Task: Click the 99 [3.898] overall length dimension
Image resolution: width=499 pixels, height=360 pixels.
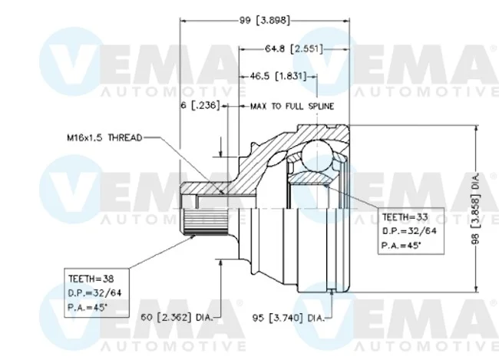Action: (x=264, y=21)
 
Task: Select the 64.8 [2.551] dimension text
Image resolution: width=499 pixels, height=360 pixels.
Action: (x=294, y=49)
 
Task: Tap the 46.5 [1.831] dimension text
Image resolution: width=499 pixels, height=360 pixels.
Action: (x=278, y=77)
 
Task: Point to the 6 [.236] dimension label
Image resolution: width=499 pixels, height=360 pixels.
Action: (x=200, y=105)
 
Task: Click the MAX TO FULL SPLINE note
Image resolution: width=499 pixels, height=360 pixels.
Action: (x=292, y=106)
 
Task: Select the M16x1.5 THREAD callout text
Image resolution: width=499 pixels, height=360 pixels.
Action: (x=104, y=138)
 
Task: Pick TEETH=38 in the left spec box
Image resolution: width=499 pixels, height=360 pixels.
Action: (x=91, y=279)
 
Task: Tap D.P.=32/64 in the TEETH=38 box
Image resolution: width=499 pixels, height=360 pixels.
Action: (x=95, y=293)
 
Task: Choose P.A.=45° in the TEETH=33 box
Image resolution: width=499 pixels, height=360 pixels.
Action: (x=401, y=246)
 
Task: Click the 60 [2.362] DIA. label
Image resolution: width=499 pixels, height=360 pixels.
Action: (x=177, y=317)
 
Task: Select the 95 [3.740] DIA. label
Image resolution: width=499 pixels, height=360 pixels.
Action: (x=289, y=318)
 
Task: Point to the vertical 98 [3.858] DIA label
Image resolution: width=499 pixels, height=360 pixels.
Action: (x=475, y=209)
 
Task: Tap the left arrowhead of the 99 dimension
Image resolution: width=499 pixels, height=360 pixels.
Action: (x=183, y=21)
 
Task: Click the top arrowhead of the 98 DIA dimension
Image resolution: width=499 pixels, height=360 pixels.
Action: (x=476, y=128)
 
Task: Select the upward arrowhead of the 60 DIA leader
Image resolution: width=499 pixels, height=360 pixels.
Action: (x=220, y=263)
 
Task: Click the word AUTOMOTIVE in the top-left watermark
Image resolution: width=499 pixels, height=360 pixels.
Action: (x=173, y=92)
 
